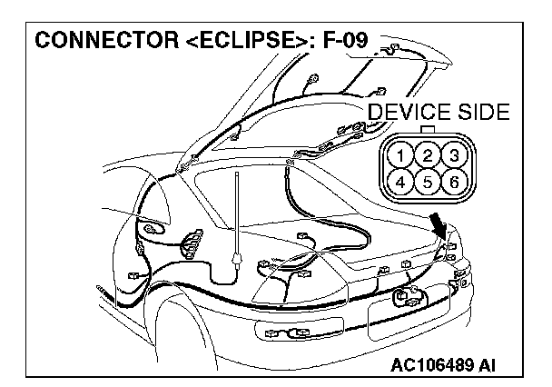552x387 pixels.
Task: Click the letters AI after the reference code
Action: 487,366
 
